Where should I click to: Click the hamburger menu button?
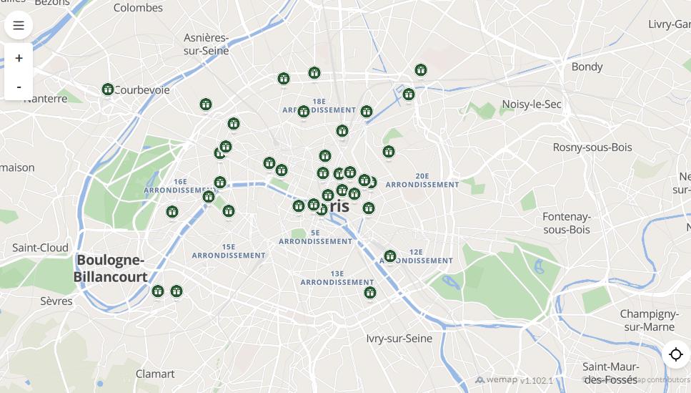(x=19, y=26)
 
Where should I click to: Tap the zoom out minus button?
(x=19, y=87)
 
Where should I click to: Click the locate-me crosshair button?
(x=675, y=354)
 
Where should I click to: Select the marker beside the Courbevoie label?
(x=108, y=89)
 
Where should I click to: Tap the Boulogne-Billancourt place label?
(x=111, y=268)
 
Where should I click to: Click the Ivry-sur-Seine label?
(x=399, y=339)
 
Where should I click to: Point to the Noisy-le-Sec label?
(x=531, y=105)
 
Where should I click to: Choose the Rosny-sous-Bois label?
(x=592, y=147)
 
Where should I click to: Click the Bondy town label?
(x=587, y=67)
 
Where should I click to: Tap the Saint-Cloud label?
(x=40, y=248)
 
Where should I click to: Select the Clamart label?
(x=155, y=374)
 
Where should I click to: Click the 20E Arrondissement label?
(x=422, y=180)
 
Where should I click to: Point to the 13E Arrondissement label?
(x=337, y=278)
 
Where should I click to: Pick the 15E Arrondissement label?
(x=229, y=251)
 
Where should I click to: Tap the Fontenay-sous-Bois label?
(x=567, y=223)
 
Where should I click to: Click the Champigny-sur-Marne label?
(x=649, y=321)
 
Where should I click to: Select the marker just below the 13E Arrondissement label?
(x=369, y=293)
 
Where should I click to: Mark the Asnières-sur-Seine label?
(x=207, y=44)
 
